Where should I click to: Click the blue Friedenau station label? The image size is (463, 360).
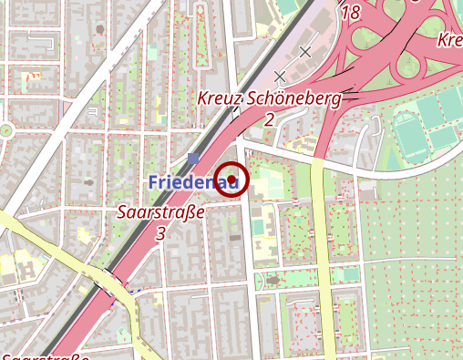(192, 183)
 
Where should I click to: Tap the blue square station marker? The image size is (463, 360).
(192, 159)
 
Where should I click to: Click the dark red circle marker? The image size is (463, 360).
(231, 178)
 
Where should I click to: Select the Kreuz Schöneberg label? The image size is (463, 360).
(269, 99)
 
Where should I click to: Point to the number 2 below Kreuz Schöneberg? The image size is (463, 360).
(270, 119)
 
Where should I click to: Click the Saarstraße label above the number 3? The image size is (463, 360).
(160, 213)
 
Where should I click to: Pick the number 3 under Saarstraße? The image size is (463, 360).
(161, 233)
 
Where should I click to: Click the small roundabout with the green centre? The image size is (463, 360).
(6, 129)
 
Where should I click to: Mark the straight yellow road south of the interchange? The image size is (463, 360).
(320, 255)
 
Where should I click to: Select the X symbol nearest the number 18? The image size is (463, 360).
(305, 51)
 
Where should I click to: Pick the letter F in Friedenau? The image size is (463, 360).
(154, 183)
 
